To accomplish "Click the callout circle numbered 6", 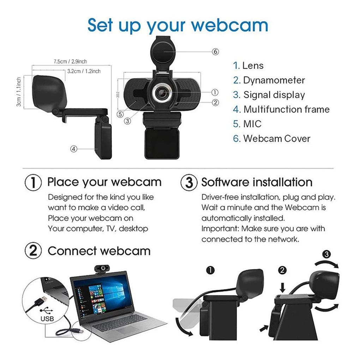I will click(215, 52).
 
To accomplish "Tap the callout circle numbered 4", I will click(73, 149).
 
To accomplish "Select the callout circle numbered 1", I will click(214, 92).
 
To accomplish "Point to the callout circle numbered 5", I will click(120, 114).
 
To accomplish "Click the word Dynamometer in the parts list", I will click(274, 80).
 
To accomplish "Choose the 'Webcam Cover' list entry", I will click(276, 138).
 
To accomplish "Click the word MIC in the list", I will click(252, 124).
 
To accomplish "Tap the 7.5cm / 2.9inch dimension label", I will click(70, 61).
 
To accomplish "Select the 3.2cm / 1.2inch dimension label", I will click(84, 71).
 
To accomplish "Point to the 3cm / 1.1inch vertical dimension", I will click(19, 92).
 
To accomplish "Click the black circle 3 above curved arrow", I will click(327, 254).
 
